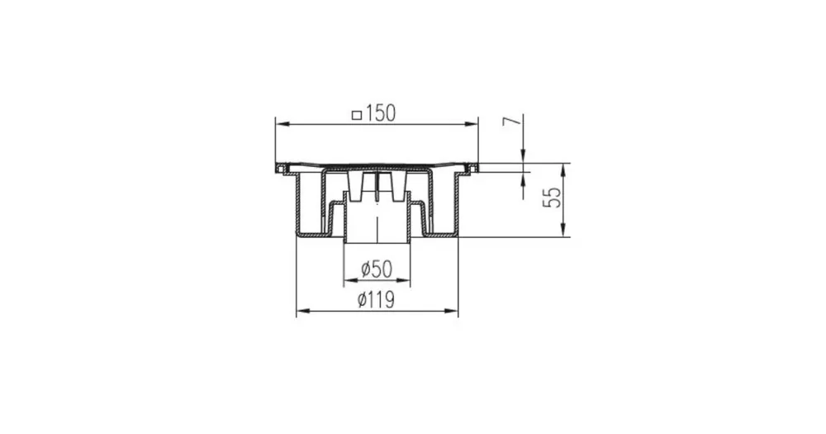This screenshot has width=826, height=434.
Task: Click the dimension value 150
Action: coord(379,113)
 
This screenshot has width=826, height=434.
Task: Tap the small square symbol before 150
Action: coord(357,116)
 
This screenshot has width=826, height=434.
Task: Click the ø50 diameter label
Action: coord(377,269)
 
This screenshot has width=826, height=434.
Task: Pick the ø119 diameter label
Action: coord(376,300)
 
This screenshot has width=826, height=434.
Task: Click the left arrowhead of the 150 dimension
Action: coord(282,125)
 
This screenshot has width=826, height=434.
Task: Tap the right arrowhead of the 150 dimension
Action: coord(471,125)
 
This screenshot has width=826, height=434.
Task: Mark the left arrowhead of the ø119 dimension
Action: coord(303,311)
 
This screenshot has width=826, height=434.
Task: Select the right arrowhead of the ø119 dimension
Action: coord(452,311)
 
